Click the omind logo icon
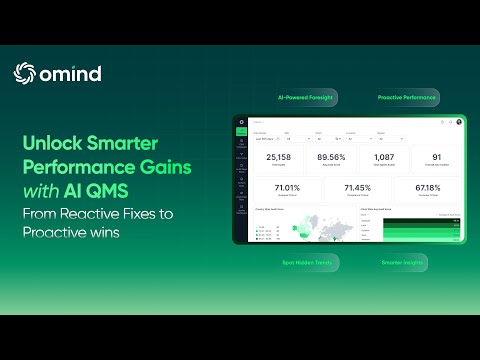tap(24, 73)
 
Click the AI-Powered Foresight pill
tap(306, 98)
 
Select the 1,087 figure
tap(384, 157)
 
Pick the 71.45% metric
tap(357, 187)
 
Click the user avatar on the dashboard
tap(460, 122)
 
